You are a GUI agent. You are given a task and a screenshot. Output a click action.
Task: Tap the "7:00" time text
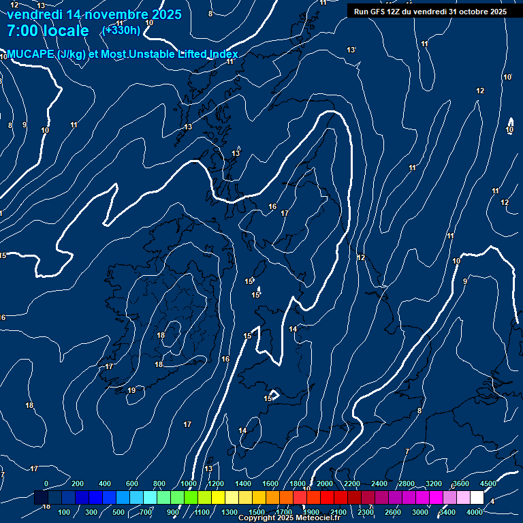click(x=25, y=31)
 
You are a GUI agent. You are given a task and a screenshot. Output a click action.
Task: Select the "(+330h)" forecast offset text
click(x=121, y=30)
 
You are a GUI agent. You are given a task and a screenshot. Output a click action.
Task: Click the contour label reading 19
click(x=131, y=390)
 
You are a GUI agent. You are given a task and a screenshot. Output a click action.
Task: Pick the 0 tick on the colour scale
click(x=46, y=484)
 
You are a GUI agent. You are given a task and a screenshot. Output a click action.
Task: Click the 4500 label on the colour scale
click(x=488, y=484)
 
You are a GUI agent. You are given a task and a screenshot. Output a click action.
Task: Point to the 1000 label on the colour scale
click(x=189, y=484)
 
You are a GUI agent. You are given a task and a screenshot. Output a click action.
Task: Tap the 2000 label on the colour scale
click(x=325, y=484)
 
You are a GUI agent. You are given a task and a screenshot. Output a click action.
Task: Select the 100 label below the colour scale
click(x=65, y=512)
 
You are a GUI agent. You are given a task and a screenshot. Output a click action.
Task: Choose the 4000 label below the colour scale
click(x=475, y=512)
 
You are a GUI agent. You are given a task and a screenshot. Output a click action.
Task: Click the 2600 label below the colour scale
click(x=393, y=512)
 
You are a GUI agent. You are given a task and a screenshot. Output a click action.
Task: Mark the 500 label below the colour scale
click(x=119, y=512)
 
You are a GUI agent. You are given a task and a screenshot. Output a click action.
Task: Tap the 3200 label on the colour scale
click(x=434, y=484)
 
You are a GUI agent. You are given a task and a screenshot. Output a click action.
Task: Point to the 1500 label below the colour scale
click(x=257, y=512)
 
